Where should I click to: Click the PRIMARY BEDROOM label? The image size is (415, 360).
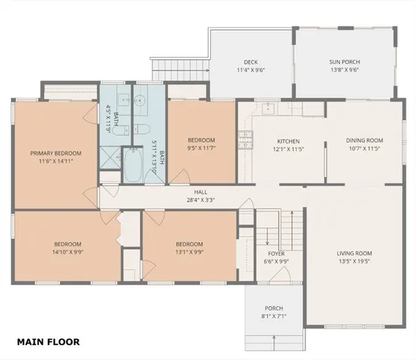[56, 153]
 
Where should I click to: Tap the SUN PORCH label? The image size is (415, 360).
[344, 62]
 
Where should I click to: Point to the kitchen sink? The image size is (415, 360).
[269, 108]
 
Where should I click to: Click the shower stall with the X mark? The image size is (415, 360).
[110, 159]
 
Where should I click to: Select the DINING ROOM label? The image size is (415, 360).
[365, 140]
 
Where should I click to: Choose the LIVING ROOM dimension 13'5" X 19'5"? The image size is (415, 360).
[354, 262]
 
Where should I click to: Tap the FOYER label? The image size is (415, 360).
[276, 253]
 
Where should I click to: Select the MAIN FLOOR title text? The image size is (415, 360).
[48, 342]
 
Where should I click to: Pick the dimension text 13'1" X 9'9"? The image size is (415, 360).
[189, 252]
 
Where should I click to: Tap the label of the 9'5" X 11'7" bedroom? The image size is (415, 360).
[201, 140]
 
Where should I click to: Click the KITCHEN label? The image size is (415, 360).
[289, 141]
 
